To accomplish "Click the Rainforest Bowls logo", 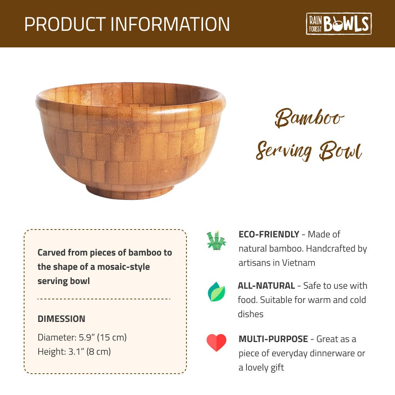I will coord(339,24).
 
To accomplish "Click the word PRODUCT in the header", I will coord(65,24).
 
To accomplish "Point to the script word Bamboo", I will coord(310,118).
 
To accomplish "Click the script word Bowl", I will coord(340,151).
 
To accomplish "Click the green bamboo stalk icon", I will coord(216,241).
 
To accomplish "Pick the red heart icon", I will coord(216,342).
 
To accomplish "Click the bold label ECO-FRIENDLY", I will coord(269,234).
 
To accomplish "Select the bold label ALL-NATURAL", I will coord(266,286).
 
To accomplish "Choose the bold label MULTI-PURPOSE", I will coord(273,339).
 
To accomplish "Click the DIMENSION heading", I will coord(61,319).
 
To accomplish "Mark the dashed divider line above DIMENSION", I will coord(104,299).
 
